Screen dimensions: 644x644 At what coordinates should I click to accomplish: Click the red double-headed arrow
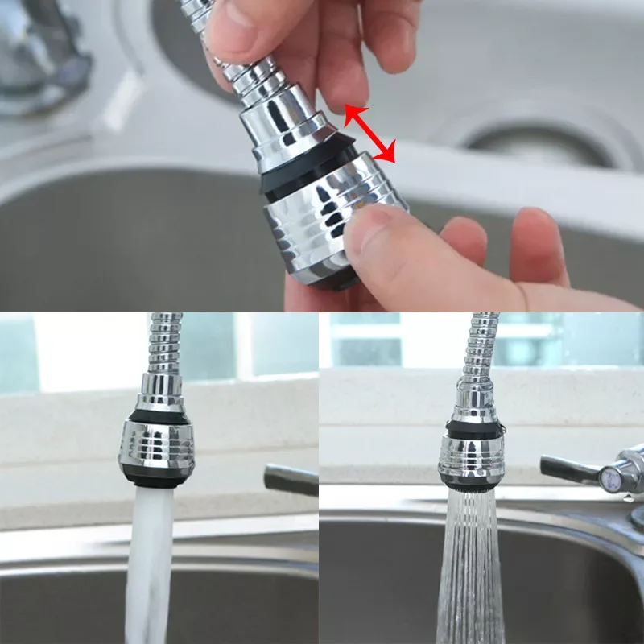point(370,134)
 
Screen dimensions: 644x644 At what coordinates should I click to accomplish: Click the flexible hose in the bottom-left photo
point(165,342)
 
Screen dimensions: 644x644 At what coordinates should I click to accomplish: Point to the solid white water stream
point(149,563)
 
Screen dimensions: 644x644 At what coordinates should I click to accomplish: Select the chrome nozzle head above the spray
point(471,459)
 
